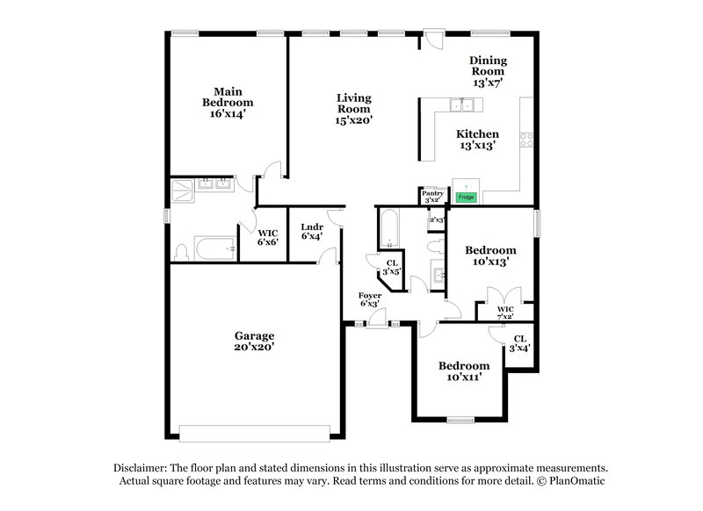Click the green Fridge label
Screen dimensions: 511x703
[467, 198]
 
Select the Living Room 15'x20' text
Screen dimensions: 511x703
[354, 109]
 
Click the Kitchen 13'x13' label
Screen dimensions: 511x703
[477, 140]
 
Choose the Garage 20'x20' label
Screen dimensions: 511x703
[254, 341]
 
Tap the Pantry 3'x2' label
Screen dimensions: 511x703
[431, 196]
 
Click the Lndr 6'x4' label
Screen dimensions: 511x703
[312, 231]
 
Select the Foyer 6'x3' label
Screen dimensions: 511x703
[369, 299]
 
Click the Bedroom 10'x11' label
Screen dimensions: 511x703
[463, 371]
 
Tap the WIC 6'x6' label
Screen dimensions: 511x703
[268, 237]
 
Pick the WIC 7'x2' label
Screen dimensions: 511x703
[504, 313]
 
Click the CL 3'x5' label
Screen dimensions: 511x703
[392, 267]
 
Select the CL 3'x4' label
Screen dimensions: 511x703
[519, 343]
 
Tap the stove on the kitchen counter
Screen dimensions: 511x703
[526, 138]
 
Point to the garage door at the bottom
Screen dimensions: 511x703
[255, 432]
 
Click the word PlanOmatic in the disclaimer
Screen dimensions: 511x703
[579, 481]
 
